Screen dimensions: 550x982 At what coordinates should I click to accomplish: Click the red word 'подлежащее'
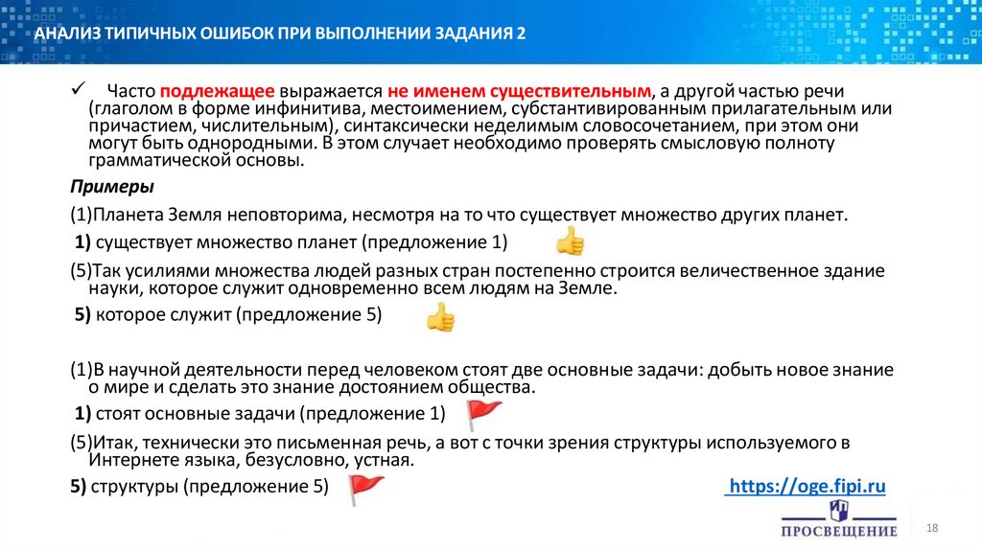(219, 91)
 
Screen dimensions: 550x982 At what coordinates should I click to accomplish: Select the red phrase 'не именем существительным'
(519, 91)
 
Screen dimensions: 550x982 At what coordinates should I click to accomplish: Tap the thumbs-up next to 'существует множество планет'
(570, 241)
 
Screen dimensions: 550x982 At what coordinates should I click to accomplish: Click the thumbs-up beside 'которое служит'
(440, 317)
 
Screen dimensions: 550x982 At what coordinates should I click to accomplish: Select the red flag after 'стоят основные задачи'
(483, 415)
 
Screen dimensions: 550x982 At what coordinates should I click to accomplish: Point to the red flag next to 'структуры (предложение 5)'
(365, 488)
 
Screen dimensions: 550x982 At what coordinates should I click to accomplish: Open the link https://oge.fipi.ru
(806, 487)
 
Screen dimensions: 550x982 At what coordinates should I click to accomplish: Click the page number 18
(930, 529)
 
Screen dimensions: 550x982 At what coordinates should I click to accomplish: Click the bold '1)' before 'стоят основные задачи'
(82, 414)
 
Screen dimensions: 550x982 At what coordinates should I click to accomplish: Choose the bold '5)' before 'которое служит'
(82, 316)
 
